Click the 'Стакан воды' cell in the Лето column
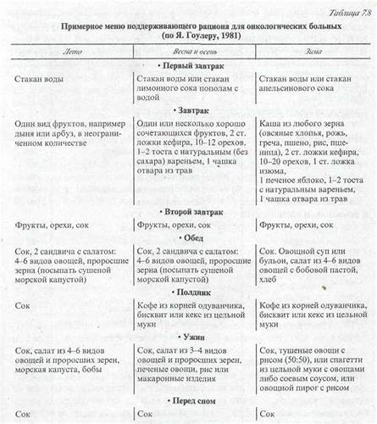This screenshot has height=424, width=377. [x=40, y=78]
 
